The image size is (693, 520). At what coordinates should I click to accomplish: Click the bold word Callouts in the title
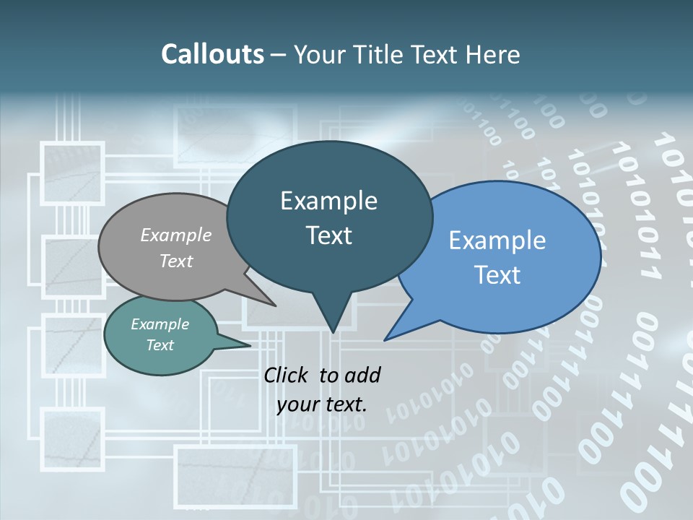212,54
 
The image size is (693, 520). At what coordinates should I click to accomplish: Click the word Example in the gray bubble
176,235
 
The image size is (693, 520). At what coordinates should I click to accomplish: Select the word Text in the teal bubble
160,345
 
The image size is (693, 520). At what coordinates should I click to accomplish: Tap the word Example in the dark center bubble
328,201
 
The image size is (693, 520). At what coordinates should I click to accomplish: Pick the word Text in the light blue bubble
497,275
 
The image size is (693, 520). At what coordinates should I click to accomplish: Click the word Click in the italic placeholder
287,375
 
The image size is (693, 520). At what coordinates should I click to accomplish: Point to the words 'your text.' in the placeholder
322,404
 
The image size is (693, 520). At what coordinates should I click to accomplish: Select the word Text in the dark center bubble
329,235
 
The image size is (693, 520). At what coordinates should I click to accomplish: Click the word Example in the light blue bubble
497,240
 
